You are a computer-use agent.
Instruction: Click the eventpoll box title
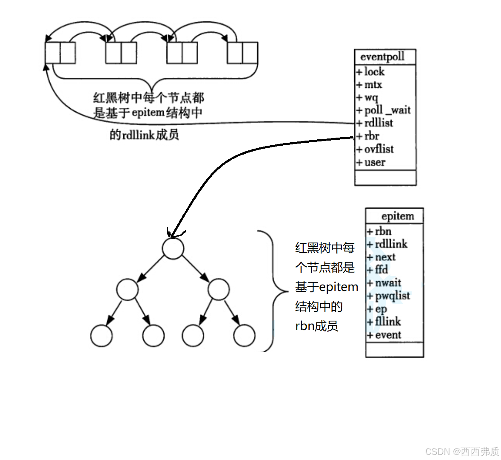pos(382,57)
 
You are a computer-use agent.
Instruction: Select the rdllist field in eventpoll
pos(378,123)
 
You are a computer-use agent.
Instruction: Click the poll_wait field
pos(387,110)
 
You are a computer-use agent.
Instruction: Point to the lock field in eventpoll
pos(374,72)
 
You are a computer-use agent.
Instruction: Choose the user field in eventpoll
pos(374,162)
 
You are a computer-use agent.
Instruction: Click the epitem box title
pos(398,216)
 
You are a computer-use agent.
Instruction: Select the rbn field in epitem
pos(383,231)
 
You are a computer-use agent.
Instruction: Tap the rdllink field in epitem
pos(391,244)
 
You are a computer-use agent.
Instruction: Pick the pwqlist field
pos(392,296)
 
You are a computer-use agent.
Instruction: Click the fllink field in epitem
pos(387,322)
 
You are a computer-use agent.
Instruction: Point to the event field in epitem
pos(387,335)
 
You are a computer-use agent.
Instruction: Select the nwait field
pos(387,283)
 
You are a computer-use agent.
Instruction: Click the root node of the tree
pos(173,248)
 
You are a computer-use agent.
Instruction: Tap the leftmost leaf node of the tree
pos(101,336)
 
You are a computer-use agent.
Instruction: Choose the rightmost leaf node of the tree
pos(244,336)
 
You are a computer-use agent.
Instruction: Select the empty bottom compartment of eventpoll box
pos(385,178)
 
